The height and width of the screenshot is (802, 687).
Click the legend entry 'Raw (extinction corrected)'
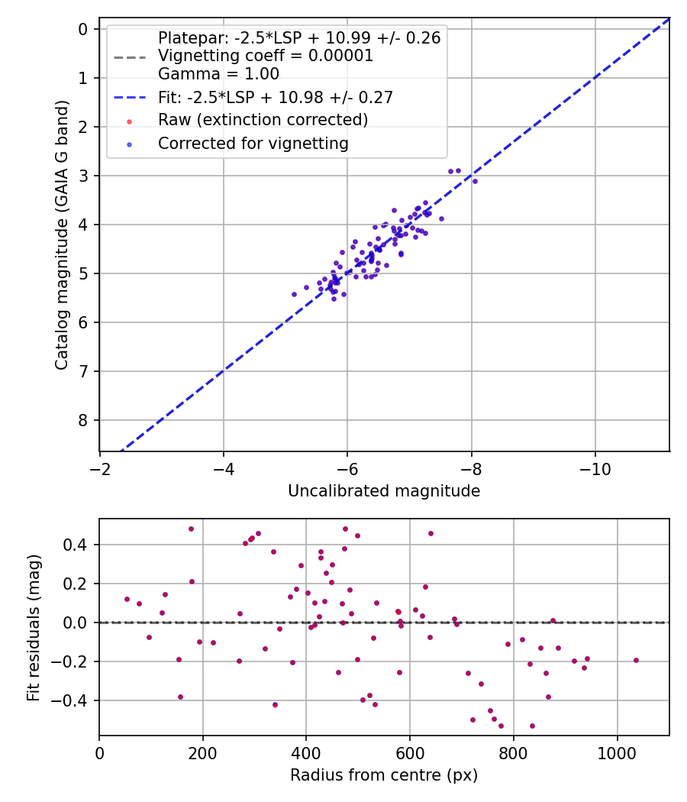tap(263, 120)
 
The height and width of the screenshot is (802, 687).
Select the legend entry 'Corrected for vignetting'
tap(253, 144)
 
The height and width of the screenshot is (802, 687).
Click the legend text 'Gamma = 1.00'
tap(218, 74)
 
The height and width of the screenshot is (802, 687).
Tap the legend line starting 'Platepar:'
tap(298, 38)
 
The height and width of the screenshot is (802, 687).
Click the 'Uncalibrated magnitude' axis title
tap(384, 491)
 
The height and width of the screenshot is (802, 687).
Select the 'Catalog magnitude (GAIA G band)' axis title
tap(62, 235)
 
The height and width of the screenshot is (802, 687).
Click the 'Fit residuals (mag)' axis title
tap(33, 627)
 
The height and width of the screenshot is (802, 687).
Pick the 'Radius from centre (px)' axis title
tap(384, 775)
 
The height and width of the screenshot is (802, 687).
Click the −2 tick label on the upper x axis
tap(100, 468)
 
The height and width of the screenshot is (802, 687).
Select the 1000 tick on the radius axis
tap(617, 752)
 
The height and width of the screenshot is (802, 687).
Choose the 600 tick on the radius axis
tap(410, 752)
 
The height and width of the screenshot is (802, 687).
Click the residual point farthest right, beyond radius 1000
tap(636, 660)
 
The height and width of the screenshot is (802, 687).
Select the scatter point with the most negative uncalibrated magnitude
tap(475, 181)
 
